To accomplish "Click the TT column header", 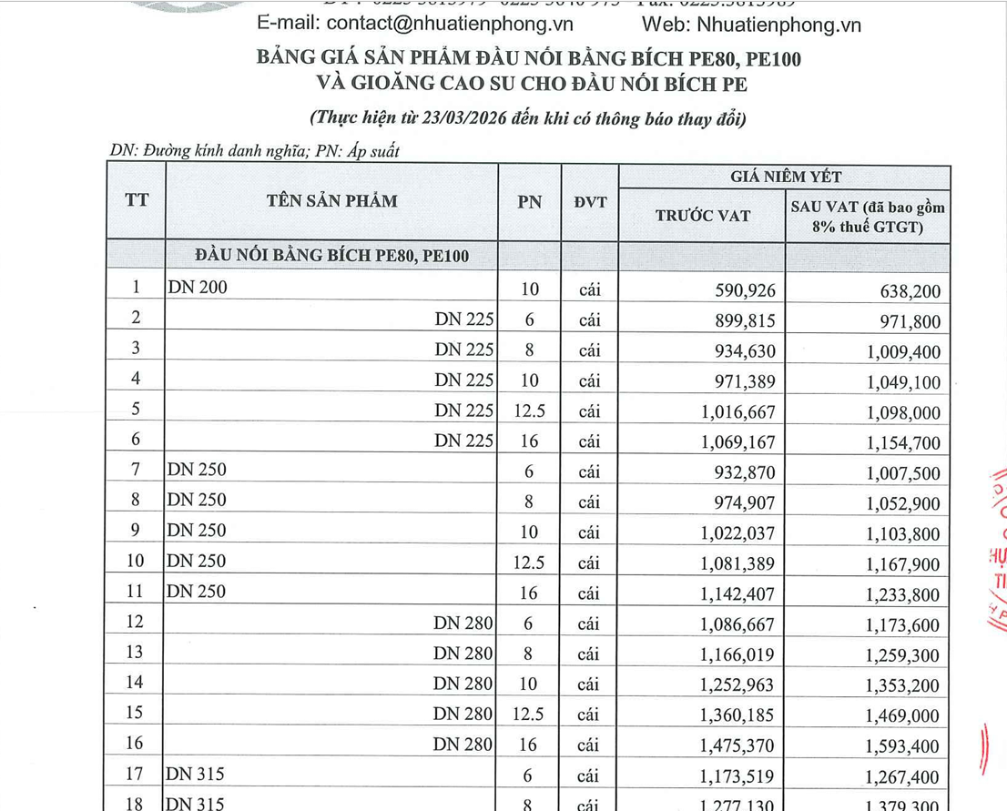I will click(x=137, y=201).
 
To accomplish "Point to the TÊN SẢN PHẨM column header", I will click(x=332, y=201).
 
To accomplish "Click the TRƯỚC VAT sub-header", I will click(x=703, y=216).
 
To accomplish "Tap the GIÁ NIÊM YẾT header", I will click(x=785, y=177).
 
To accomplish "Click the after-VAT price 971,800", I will click(x=907, y=321).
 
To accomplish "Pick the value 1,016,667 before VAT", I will click(x=736, y=412).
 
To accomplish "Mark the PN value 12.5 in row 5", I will click(x=530, y=411).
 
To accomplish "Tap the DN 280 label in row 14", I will click(x=463, y=683).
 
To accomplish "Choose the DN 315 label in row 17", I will click(x=196, y=774).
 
